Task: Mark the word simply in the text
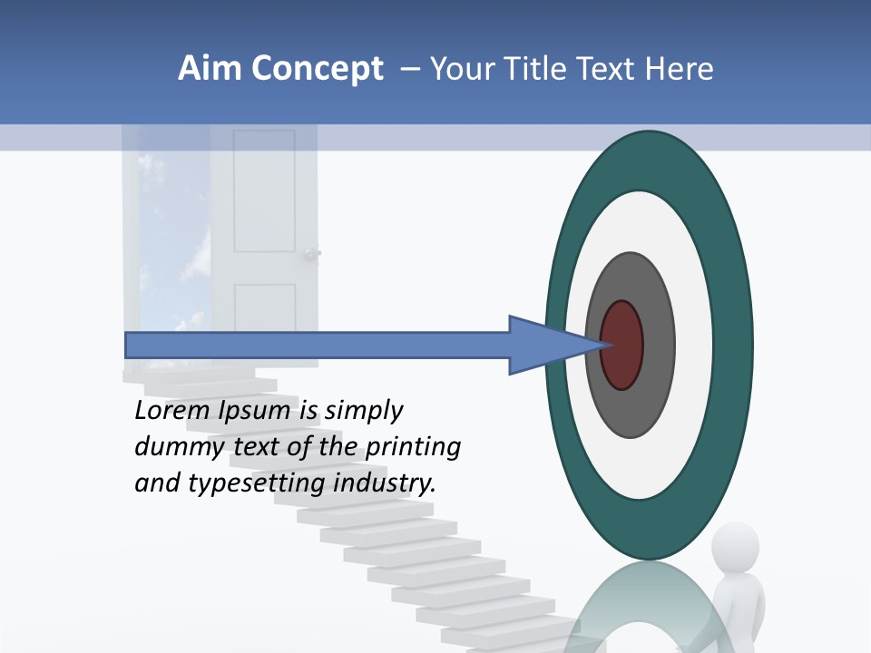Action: (363, 412)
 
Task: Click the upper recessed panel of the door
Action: (264, 190)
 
